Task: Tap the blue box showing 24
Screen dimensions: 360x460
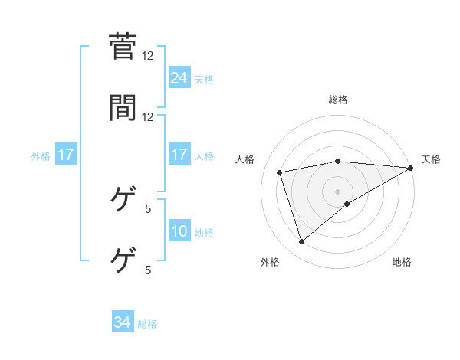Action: click(x=179, y=77)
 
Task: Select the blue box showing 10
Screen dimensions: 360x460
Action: click(x=179, y=231)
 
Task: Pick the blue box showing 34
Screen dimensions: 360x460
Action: click(x=123, y=323)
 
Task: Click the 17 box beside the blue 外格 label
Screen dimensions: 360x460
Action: click(x=66, y=155)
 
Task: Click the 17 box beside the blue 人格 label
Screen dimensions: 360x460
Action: click(x=179, y=155)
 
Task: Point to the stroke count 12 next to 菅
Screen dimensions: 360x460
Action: click(x=148, y=56)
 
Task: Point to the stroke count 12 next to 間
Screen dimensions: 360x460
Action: click(x=148, y=116)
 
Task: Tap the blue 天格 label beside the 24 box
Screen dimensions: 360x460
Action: click(x=204, y=79)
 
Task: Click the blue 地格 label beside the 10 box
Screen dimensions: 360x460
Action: click(x=204, y=233)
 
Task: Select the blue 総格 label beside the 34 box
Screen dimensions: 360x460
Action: click(x=147, y=324)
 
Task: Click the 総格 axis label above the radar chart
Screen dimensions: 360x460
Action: click(x=338, y=100)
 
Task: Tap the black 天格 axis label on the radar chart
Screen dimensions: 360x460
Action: click(x=431, y=159)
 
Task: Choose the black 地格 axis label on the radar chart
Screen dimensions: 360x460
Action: click(x=402, y=262)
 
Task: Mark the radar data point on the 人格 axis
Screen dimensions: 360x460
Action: click(x=280, y=172)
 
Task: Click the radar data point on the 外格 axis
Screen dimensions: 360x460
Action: click(x=301, y=242)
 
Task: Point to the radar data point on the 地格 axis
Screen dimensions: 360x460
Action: click(x=347, y=204)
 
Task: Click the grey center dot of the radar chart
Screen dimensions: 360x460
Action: click(x=338, y=191)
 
